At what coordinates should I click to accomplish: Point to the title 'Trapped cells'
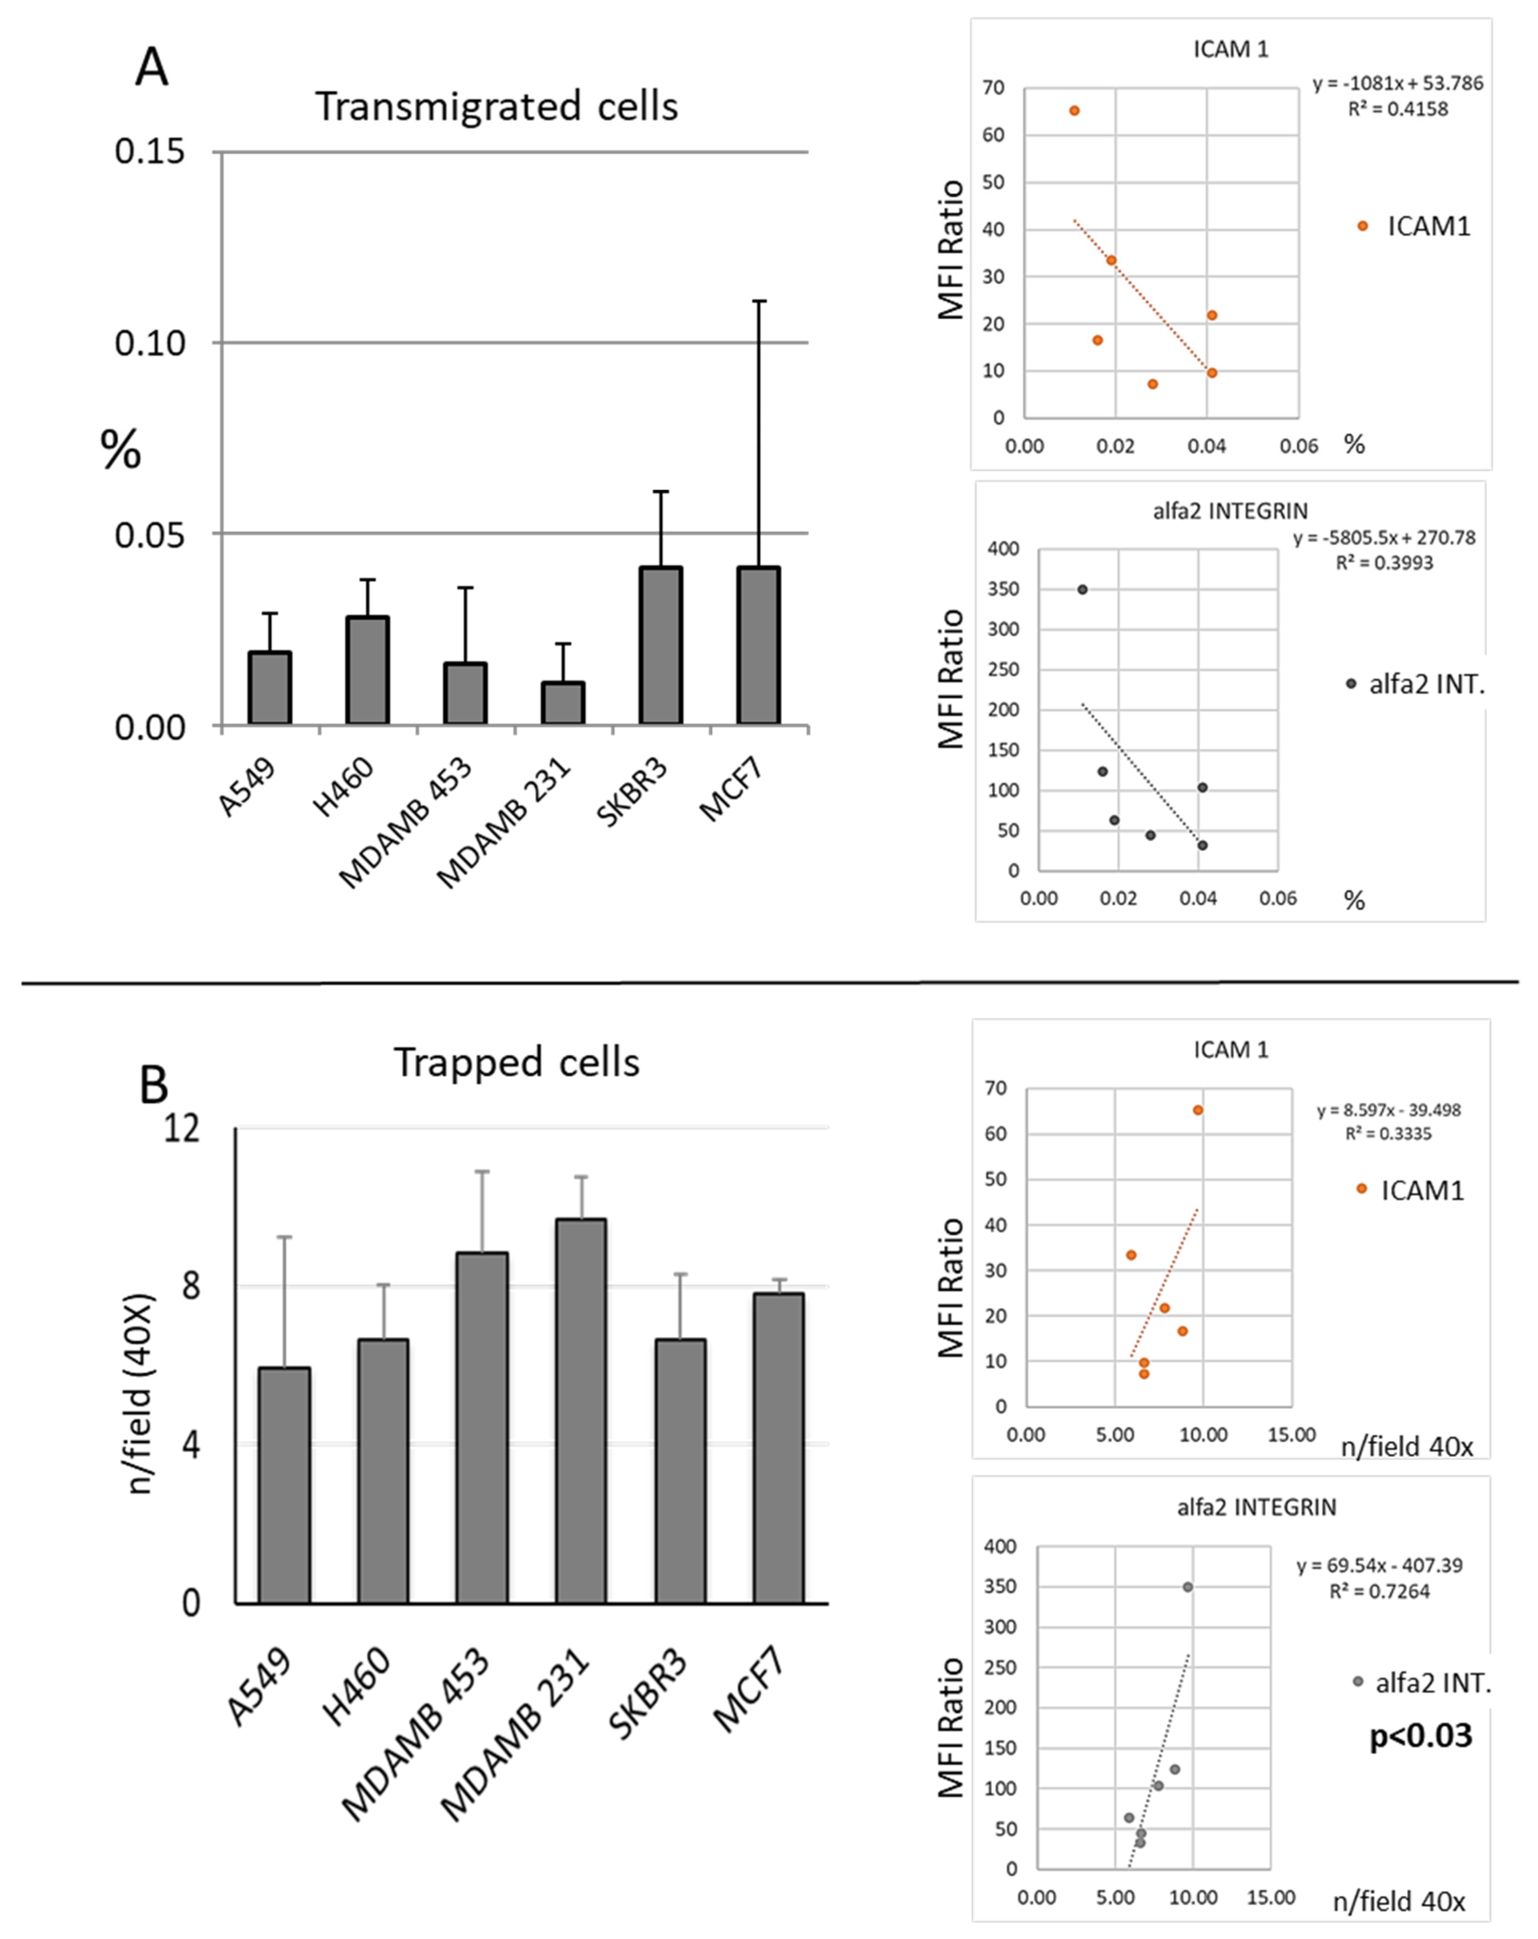516,1062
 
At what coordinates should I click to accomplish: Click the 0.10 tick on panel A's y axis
149,343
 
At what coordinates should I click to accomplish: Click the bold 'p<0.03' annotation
1420,1735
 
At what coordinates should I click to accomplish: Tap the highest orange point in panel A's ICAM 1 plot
1074,111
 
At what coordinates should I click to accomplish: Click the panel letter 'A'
151,68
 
